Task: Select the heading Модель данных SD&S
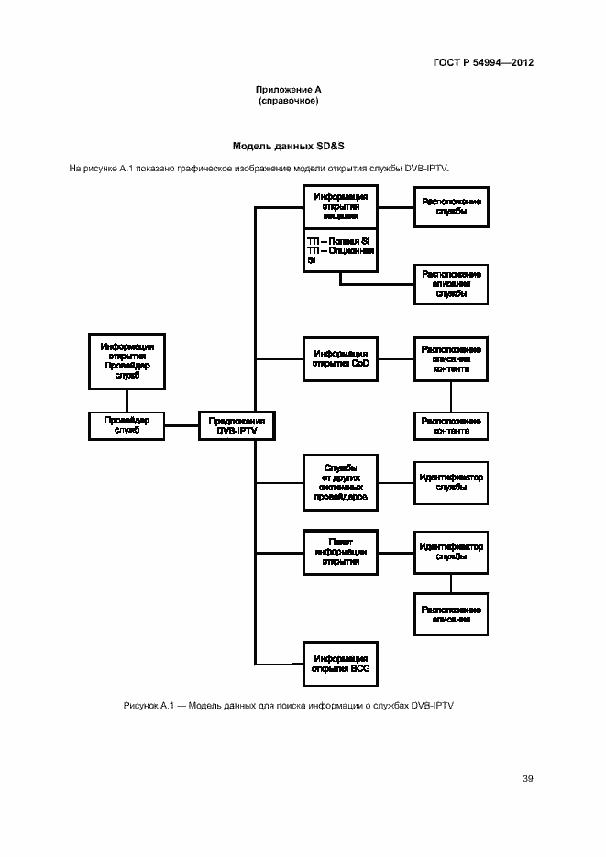pyautogui.click(x=288, y=146)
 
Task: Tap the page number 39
pyautogui.click(x=528, y=779)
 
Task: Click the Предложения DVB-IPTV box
pyautogui.click(x=236, y=425)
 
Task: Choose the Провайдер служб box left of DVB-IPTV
pyautogui.click(x=127, y=425)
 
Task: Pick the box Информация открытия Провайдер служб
pyautogui.click(x=127, y=360)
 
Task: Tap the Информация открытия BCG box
pyautogui.click(x=340, y=665)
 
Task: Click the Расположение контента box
pyautogui.click(x=450, y=425)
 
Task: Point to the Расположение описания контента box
pyautogui.click(x=450, y=359)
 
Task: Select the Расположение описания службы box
pyautogui.click(x=450, y=283)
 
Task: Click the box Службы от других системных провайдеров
pyautogui.click(x=340, y=482)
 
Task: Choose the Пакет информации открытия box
pyautogui.click(x=340, y=551)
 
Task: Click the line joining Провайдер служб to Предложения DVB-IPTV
pyautogui.click(x=182, y=425)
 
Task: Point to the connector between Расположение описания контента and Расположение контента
pyautogui.click(x=450, y=396)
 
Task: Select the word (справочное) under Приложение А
pyautogui.click(x=288, y=100)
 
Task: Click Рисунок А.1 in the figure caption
pyautogui.click(x=144, y=706)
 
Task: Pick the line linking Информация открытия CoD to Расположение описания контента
pyautogui.click(x=395, y=359)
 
